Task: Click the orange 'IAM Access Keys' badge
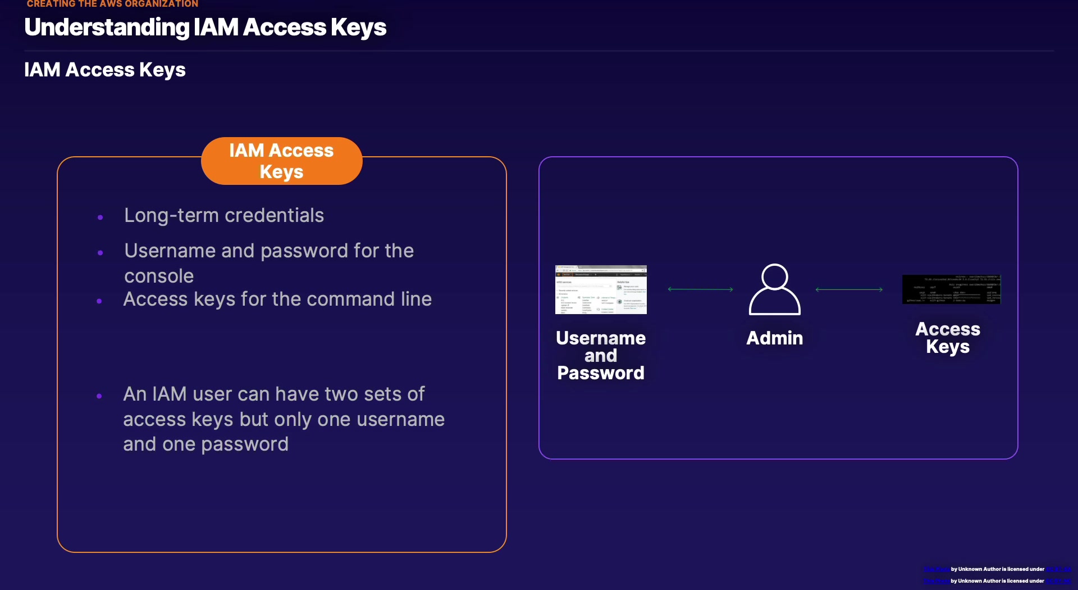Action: click(281, 161)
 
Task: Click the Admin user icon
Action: click(774, 290)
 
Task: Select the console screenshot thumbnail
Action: click(601, 289)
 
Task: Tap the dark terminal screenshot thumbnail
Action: click(951, 289)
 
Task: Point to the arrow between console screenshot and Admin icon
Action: click(700, 289)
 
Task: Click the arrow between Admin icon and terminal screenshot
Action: click(849, 289)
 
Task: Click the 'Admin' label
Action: click(774, 338)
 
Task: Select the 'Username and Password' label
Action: click(601, 355)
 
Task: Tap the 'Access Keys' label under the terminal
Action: click(948, 338)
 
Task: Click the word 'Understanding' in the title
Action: click(107, 28)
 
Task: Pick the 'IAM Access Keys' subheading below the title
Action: click(105, 70)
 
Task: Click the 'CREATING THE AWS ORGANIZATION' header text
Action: click(112, 4)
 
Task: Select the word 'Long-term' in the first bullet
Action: click(171, 215)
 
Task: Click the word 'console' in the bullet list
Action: click(159, 276)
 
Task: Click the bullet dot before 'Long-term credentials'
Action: click(101, 217)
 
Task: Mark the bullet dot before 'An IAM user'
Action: click(99, 396)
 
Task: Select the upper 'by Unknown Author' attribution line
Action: click(997, 569)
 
